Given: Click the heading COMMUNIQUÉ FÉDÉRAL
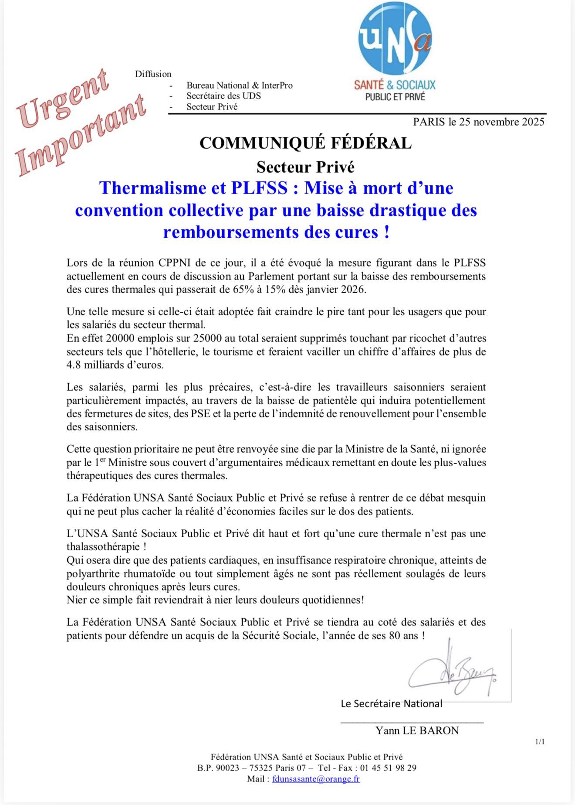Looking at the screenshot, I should [305, 143].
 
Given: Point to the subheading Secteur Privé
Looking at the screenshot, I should [305, 167].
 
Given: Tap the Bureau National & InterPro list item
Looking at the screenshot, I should [240, 85].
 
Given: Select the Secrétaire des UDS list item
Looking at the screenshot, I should [223, 96].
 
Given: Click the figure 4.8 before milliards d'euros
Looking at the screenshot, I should [74, 365].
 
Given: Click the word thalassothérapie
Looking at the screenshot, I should [103, 547].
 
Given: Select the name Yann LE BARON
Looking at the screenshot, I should [417, 731].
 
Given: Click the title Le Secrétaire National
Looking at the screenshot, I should [391, 703].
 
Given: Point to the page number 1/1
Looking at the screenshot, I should [540, 741].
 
